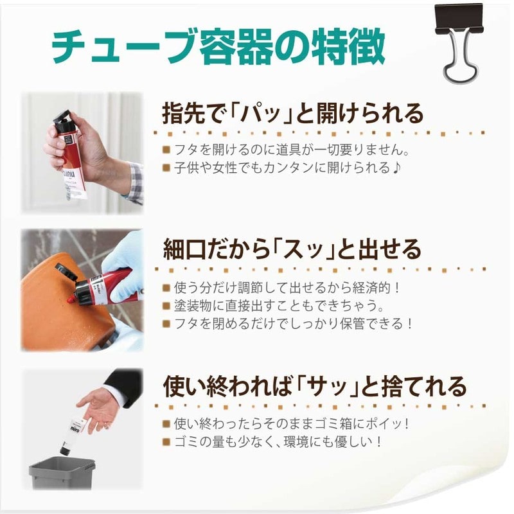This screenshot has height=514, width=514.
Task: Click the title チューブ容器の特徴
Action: [218, 46]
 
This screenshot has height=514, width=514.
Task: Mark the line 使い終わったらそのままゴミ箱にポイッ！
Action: [292, 424]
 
